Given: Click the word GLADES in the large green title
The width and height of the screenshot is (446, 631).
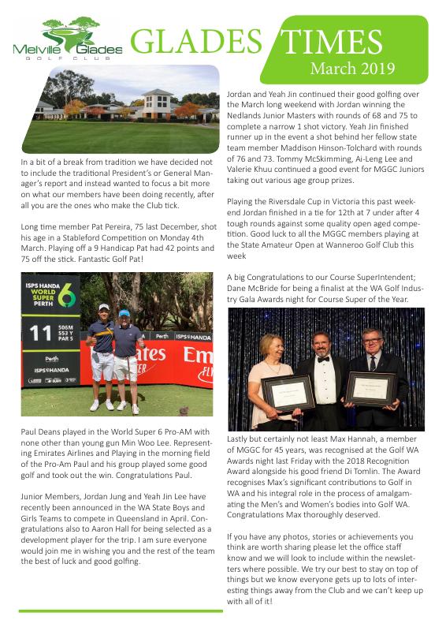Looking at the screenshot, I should (194, 42).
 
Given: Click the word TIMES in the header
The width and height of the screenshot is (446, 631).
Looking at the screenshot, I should (348, 42).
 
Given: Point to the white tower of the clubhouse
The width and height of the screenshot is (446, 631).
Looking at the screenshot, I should (157, 99).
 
